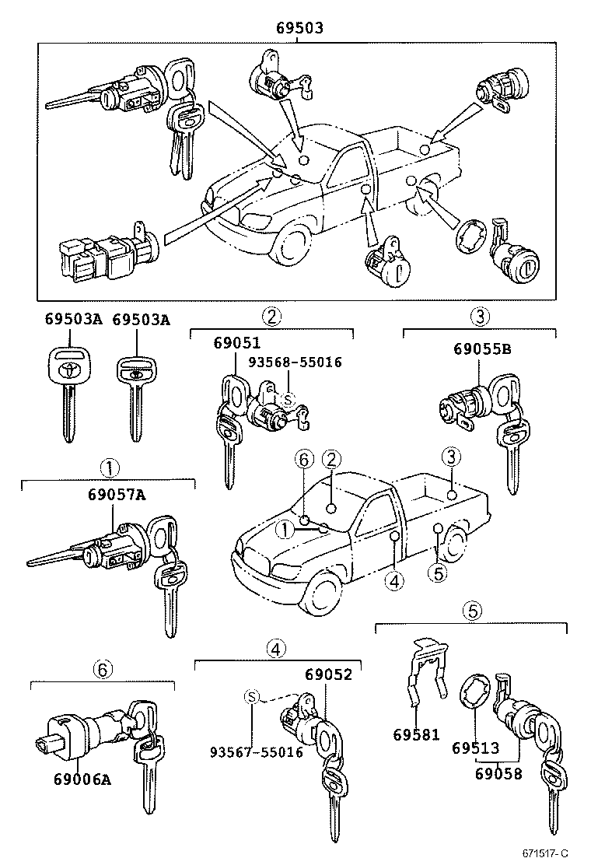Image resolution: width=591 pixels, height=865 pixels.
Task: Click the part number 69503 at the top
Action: coord(299,28)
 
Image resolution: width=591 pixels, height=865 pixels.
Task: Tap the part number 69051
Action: coord(237,343)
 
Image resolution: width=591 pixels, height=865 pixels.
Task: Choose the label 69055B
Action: coord(482,349)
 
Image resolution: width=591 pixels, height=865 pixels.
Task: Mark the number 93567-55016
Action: coord(256,752)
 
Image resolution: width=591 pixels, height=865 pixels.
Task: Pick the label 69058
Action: coord(498,774)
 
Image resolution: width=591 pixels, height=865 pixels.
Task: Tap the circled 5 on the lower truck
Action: coord(438,574)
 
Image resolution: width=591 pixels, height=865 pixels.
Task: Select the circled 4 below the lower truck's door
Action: coord(394,580)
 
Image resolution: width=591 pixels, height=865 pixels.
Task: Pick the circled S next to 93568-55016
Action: coord(289,400)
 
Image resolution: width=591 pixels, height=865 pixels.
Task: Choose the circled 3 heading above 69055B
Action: coord(480,317)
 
